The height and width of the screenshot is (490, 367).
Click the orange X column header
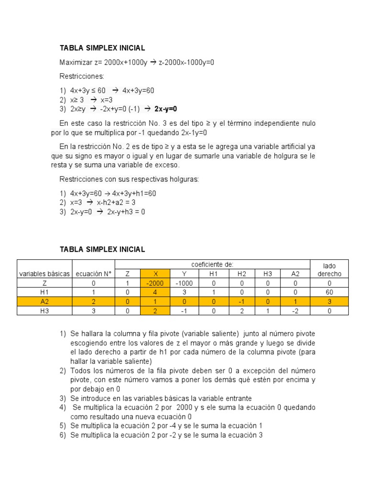(155, 274)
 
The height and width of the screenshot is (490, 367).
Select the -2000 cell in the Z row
(155, 283)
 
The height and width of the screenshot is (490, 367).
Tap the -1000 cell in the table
(184, 283)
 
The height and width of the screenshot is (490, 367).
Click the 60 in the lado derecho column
(329, 292)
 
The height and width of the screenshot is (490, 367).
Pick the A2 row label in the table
(44, 301)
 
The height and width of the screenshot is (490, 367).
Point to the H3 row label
(44, 310)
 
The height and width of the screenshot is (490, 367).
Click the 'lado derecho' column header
(329, 269)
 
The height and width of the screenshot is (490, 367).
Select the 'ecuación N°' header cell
(94, 274)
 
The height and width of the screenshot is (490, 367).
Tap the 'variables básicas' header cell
(44, 274)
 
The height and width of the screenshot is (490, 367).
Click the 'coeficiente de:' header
(213, 264)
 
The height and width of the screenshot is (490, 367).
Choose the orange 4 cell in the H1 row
(155, 292)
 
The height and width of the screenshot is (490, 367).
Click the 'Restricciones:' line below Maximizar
(82, 76)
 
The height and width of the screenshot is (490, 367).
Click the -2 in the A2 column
(297, 310)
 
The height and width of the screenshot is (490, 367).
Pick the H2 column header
(242, 274)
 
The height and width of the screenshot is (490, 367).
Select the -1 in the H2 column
(242, 301)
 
